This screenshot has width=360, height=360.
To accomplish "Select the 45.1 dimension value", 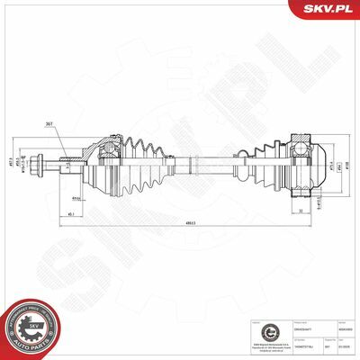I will [70, 214].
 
